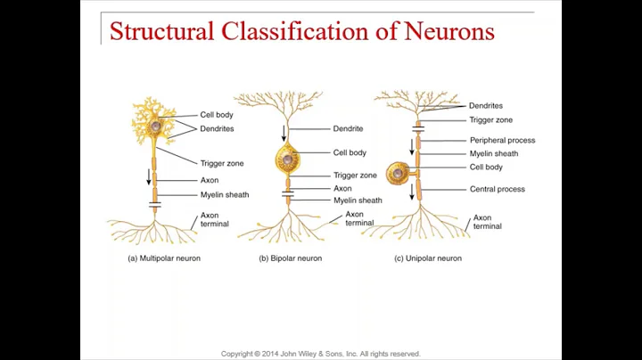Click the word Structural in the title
160,31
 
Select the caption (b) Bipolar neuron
291,258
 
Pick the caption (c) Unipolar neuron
428,258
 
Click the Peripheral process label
502,140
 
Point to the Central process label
497,189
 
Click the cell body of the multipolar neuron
155,127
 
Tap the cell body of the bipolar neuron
288,161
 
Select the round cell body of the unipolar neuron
397,173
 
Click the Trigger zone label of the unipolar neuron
490,119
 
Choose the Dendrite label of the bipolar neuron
348,128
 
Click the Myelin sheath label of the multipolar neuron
224,194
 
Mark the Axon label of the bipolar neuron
342,189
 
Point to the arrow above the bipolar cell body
284,134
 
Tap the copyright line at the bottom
320,354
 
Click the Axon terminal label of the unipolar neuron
487,222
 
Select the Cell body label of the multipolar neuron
217,115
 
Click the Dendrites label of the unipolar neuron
486,106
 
